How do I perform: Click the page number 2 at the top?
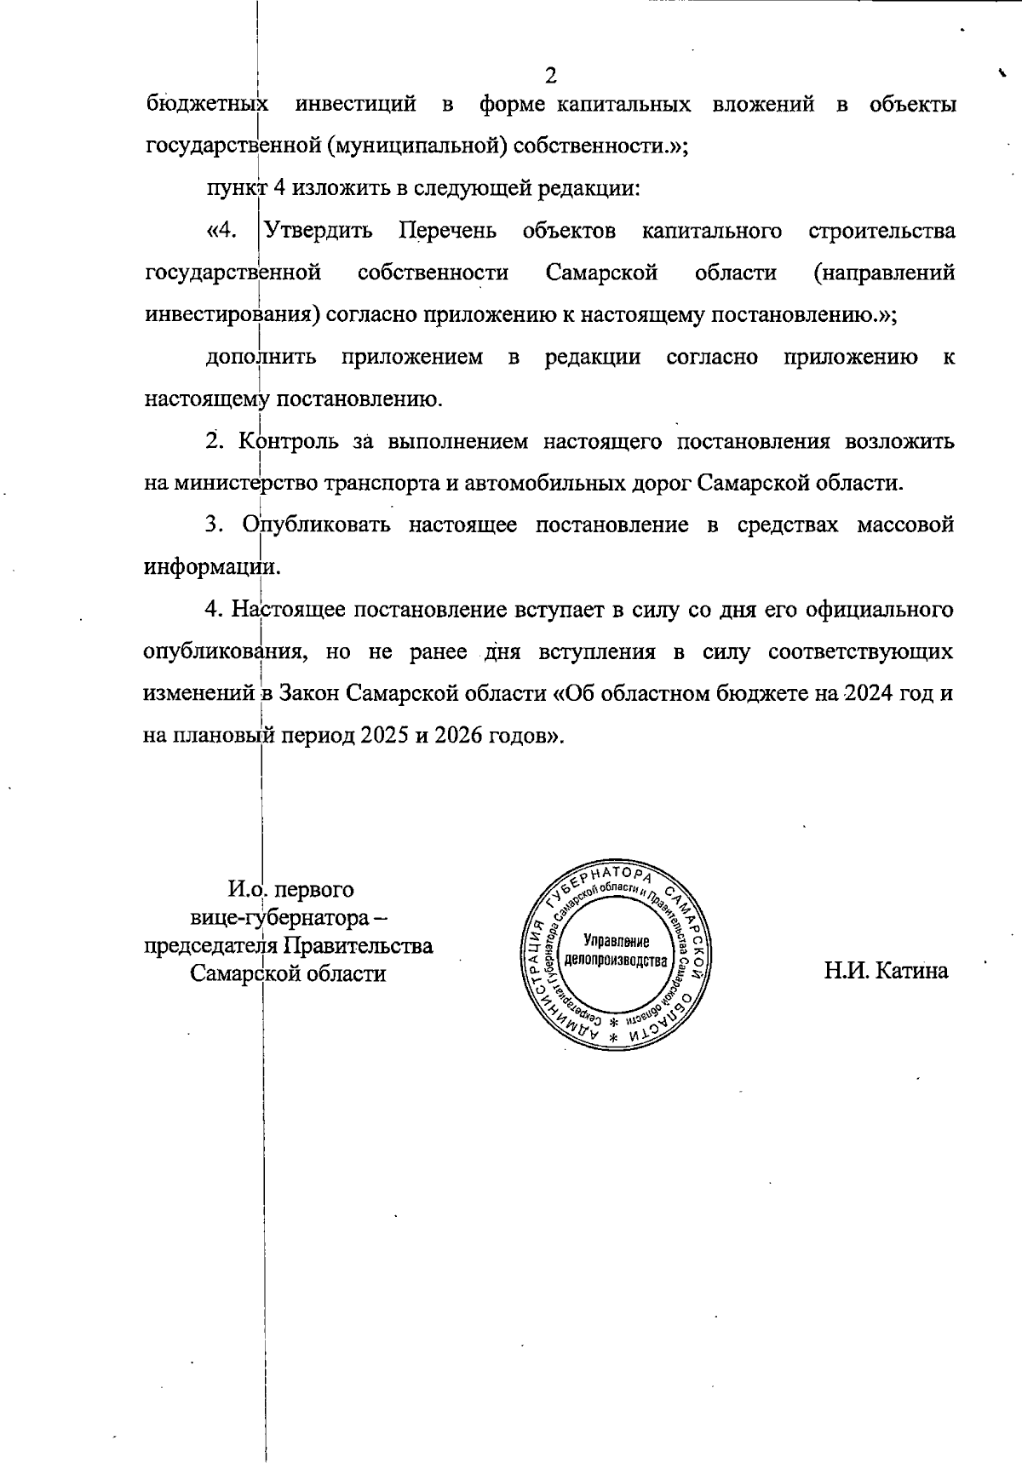pyautogui.click(x=550, y=76)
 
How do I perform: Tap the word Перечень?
pyautogui.click(x=448, y=231)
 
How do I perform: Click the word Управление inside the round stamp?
pyautogui.click(x=617, y=941)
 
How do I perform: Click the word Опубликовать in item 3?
pyautogui.click(x=316, y=525)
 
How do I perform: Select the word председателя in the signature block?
pyautogui.click(x=210, y=945)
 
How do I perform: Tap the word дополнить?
pyautogui.click(x=261, y=357)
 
